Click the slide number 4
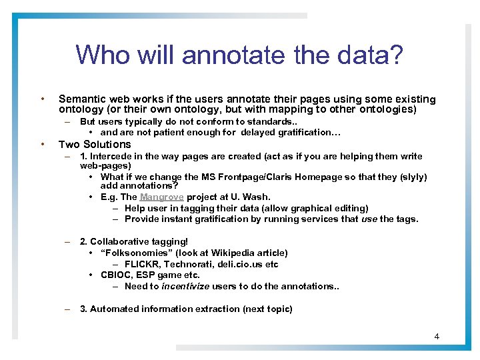click(437, 336)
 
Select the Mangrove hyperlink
click(163, 197)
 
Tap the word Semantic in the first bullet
click(82, 99)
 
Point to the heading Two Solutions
click(95, 144)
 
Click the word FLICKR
click(142, 264)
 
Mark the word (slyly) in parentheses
click(411, 177)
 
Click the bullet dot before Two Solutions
click(42, 144)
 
